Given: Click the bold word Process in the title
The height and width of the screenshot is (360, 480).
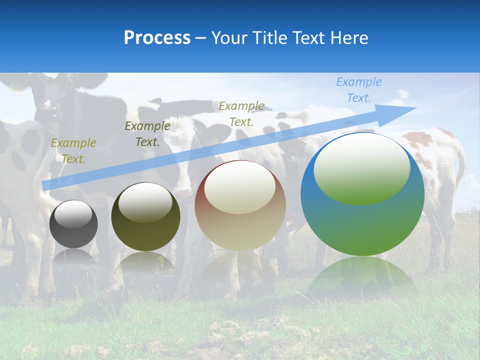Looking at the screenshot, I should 157,38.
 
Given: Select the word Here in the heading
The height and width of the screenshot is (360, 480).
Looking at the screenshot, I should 349,38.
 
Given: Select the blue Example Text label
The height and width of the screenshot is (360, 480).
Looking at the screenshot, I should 359,90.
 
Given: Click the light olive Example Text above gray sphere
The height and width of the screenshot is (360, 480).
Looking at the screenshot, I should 73,151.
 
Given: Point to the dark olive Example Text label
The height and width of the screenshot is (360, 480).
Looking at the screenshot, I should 147,134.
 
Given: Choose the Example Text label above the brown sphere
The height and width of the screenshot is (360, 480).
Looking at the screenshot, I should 241,113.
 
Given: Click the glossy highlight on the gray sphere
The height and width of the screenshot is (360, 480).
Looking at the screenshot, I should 73,214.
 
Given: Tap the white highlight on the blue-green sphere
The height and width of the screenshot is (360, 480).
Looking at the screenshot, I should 361,168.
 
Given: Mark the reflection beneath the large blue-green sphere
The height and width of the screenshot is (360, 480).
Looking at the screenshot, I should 362,275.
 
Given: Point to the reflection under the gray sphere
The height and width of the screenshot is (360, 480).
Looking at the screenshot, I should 73,256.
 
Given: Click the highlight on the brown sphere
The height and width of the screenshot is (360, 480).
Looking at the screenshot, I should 240,186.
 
